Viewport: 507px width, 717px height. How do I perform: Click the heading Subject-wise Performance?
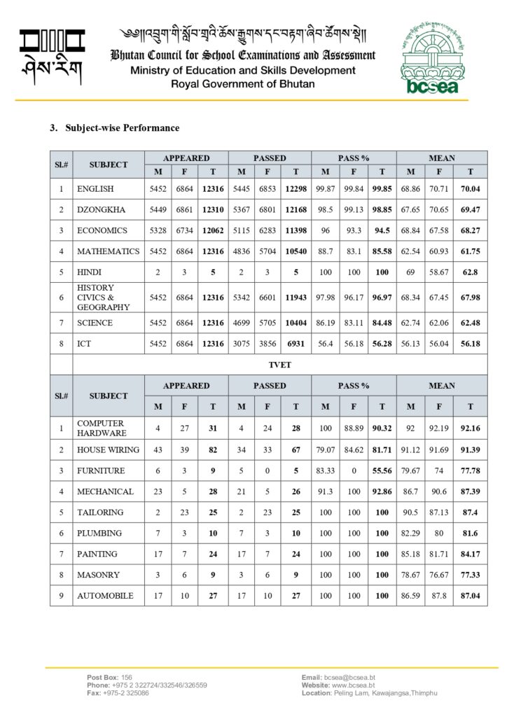click(x=114, y=128)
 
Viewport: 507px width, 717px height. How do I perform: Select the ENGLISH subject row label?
click(x=95, y=189)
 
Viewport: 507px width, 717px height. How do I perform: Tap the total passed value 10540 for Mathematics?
click(x=296, y=251)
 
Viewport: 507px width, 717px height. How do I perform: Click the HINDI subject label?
click(x=90, y=272)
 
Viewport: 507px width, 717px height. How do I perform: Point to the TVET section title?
click(x=279, y=365)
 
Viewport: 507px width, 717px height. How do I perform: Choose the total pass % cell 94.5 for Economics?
click(x=382, y=230)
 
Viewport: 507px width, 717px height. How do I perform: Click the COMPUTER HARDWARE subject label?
click(x=101, y=428)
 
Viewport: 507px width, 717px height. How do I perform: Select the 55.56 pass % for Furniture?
click(x=382, y=471)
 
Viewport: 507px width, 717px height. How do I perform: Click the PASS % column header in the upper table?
click(x=354, y=158)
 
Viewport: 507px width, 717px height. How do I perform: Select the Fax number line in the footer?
click(x=118, y=693)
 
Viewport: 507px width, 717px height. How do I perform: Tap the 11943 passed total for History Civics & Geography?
click(x=296, y=298)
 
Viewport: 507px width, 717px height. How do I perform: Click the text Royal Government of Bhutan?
click(x=243, y=84)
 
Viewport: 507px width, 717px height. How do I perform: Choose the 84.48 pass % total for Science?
click(x=382, y=323)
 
